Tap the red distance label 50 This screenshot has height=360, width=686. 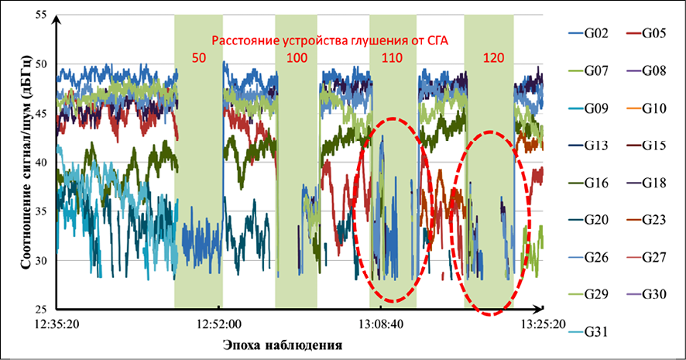[x=199, y=57]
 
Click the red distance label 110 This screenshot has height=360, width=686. [x=393, y=57]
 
